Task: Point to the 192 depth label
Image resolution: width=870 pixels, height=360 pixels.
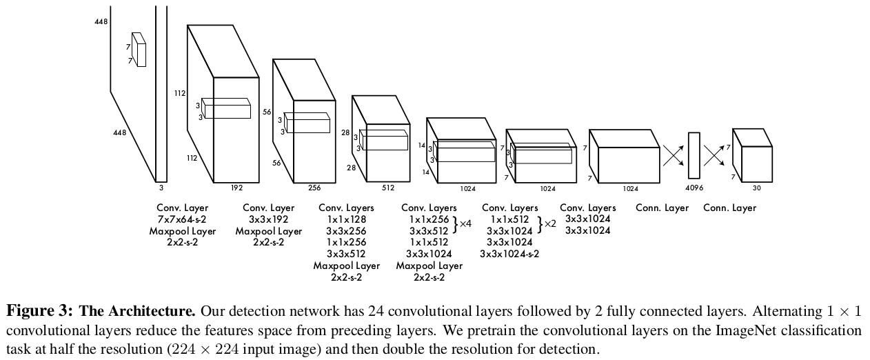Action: pyautogui.click(x=236, y=187)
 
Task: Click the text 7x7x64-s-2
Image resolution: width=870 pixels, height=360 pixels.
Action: pyautogui.click(x=182, y=219)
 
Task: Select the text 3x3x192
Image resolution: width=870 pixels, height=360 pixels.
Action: pyautogui.click(x=269, y=219)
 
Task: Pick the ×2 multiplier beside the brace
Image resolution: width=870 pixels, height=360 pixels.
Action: pyautogui.click(x=549, y=224)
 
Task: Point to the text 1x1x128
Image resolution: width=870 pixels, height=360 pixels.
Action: pyautogui.click(x=346, y=219)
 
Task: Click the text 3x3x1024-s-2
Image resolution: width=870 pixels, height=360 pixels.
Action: pyautogui.click(x=509, y=254)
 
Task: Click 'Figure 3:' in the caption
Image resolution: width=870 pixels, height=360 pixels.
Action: pyautogui.click(x=41, y=310)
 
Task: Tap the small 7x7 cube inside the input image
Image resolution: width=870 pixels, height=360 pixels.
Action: pyautogui.click(x=139, y=50)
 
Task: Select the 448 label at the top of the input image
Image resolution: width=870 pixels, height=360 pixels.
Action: pyautogui.click(x=101, y=22)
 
